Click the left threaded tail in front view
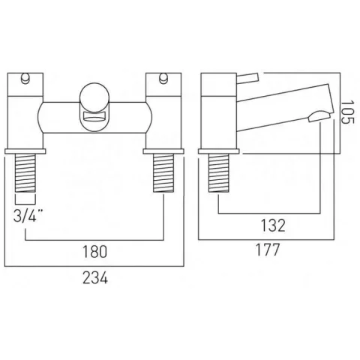(x=25, y=175)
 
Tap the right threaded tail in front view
(x=163, y=175)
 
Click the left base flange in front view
(x=25, y=151)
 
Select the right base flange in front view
(x=163, y=151)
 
